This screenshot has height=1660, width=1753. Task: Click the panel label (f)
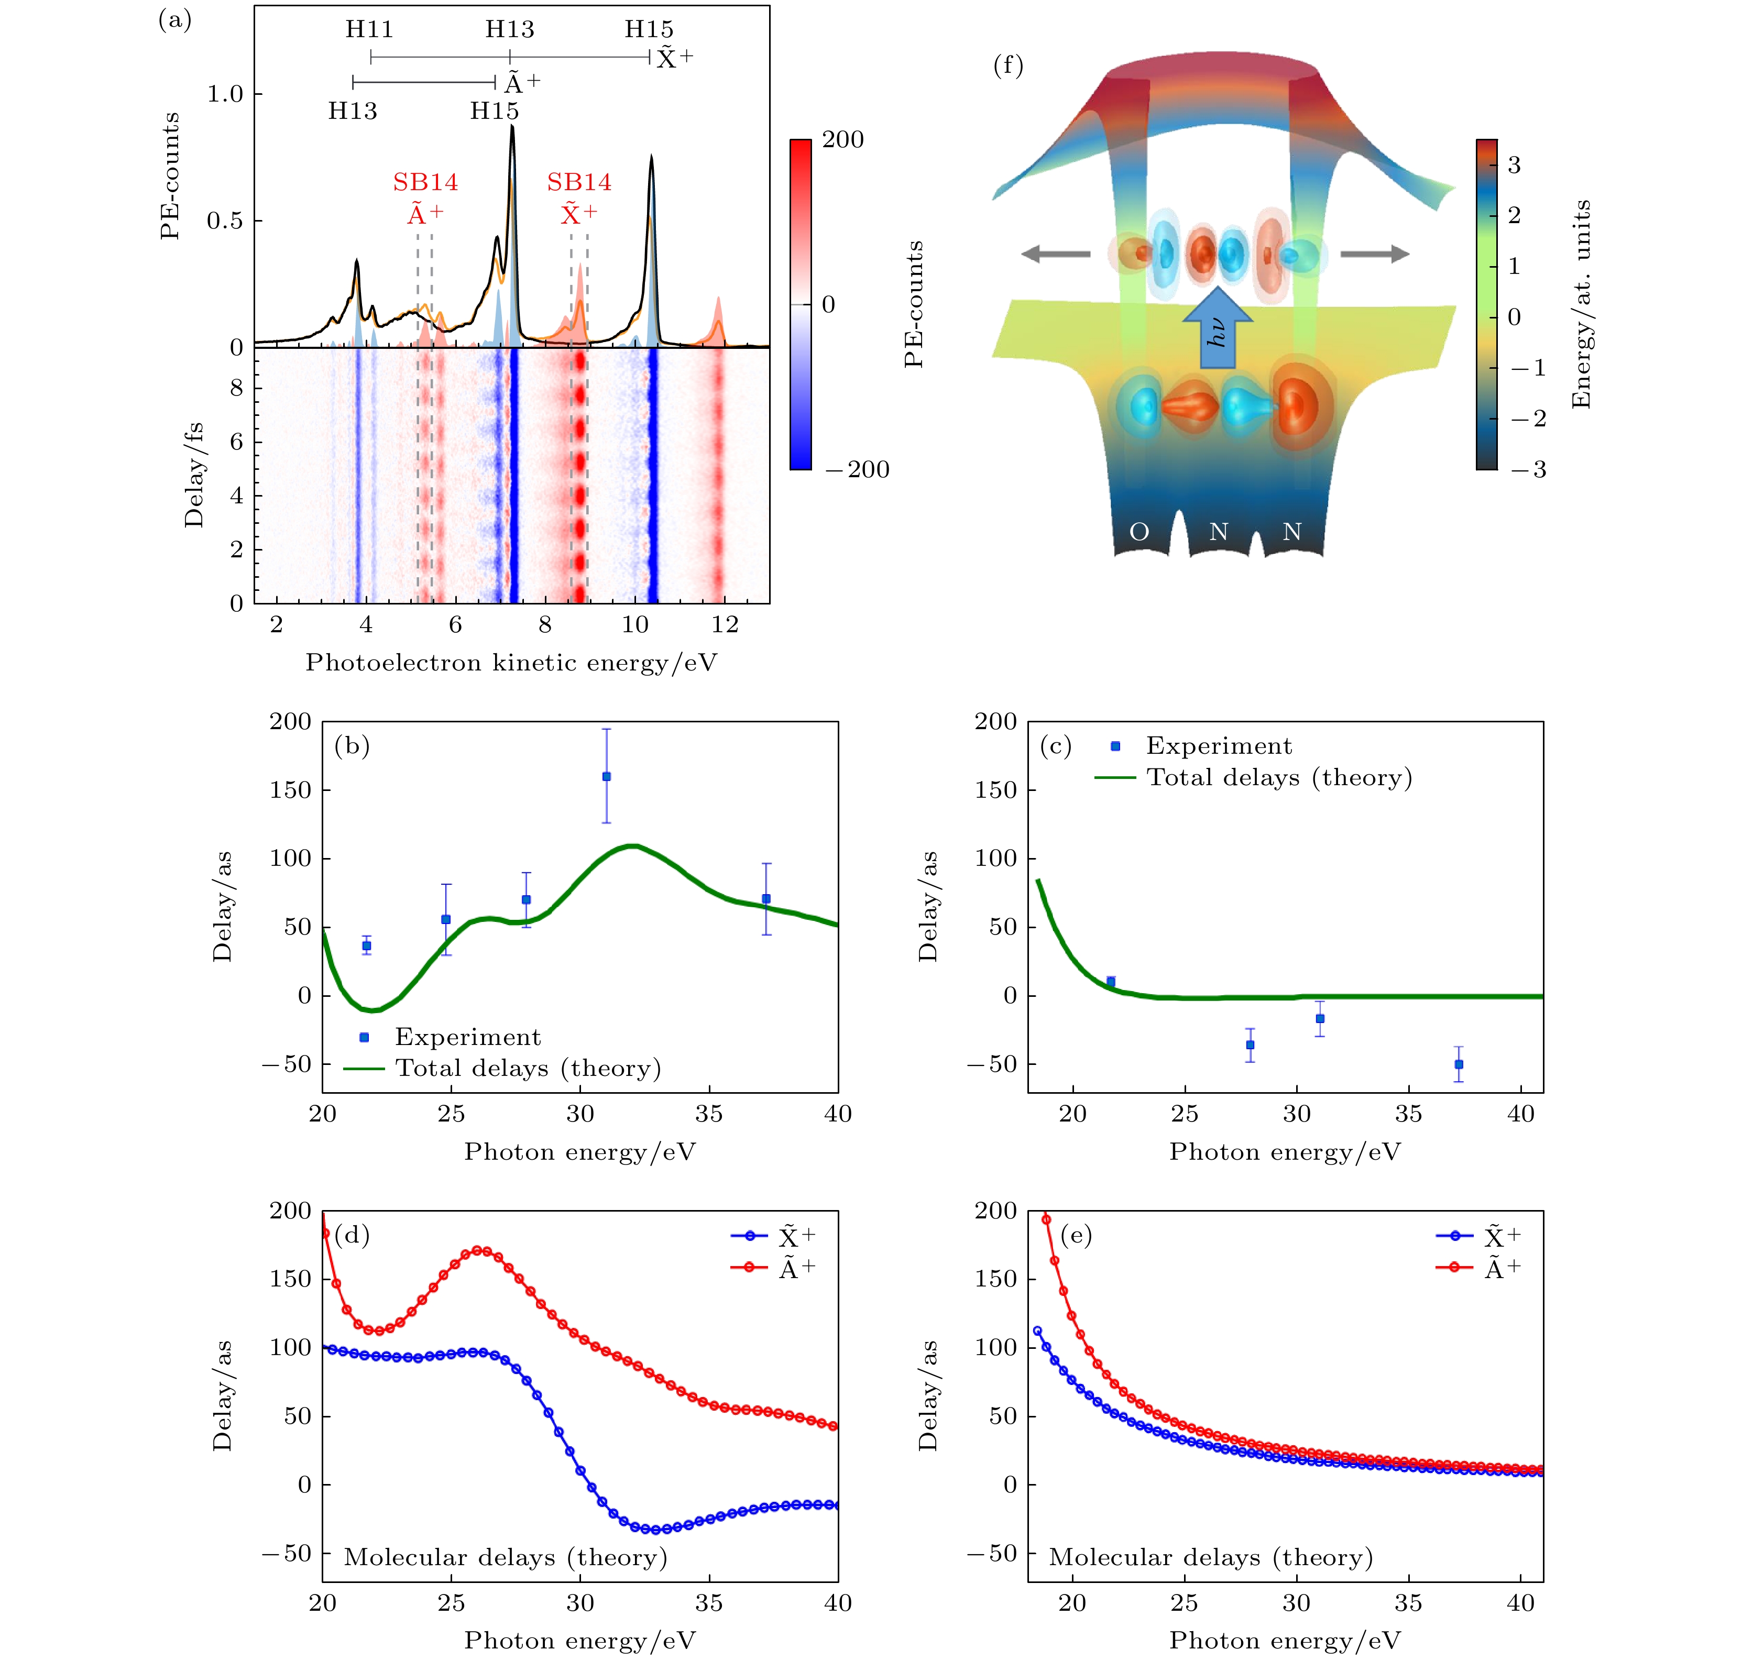tap(1008, 65)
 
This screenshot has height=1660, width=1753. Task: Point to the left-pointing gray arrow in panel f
tap(1055, 254)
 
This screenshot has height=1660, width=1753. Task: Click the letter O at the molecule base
tap(1139, 532)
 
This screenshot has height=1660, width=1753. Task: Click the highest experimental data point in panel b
tap(606, 776)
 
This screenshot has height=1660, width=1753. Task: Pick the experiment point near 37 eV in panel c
tap(1459, 1063)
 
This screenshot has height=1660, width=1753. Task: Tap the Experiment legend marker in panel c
tap(1115, 746)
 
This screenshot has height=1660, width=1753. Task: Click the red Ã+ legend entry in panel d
tap(796, 1268)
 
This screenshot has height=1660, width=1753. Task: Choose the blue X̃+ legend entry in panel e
tap(1502, 1236)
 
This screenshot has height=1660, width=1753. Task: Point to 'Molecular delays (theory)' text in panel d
tap(505, 1557)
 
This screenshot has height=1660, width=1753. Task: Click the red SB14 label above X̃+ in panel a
tap(579, 182)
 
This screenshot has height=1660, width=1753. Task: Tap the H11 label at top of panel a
tap(369, 29)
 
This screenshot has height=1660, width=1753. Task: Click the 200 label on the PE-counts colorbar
tap(842, 140)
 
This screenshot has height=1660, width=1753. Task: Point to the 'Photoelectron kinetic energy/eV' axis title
tap(511, 663)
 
